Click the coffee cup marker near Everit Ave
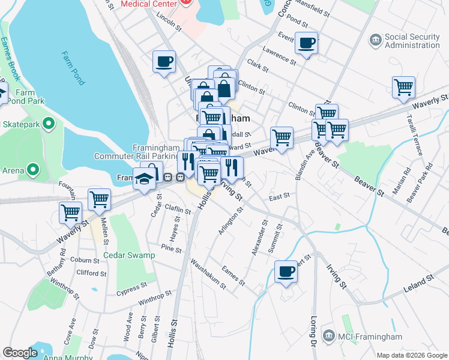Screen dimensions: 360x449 pos(307,43)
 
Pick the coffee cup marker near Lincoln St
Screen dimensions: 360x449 pos(164,61)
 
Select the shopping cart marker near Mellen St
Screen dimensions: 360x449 pos(99,199)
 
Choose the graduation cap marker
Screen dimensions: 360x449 pos(144,178)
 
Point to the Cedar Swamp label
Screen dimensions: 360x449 pos(129,255)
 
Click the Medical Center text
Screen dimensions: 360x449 pos(148,4)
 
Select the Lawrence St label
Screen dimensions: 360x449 pos(279,57)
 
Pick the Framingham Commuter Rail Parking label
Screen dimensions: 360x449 pos(137,152)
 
